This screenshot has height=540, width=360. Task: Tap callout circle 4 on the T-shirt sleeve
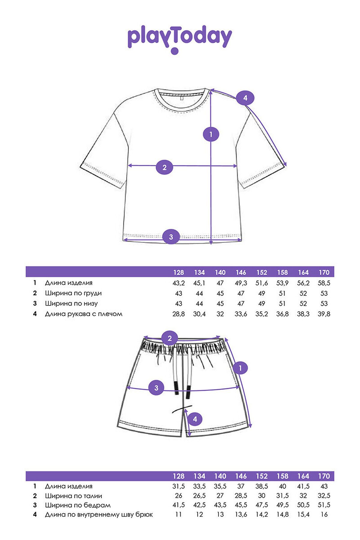pos(245,98)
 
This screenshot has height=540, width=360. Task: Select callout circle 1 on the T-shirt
pos(211,134)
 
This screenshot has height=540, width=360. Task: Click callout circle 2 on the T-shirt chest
pos(164,167)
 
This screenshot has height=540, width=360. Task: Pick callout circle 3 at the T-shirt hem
pos(171,237)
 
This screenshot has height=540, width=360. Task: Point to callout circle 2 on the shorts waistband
pos(169,338)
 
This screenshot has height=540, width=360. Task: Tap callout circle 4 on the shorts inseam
pos(195,419)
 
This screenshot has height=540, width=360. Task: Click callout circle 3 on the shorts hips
pos(156,388)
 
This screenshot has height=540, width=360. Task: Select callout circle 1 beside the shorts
pos(240,368)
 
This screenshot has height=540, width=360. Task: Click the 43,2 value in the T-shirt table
pos(178,283)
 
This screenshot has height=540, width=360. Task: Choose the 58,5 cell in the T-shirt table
pos(324,283)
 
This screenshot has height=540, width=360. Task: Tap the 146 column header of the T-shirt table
pos(241,272)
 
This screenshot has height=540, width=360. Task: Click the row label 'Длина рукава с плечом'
pos(84,314)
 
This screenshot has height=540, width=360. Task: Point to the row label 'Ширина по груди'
pos(73,293)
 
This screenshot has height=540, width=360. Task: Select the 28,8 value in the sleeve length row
pos(178,314)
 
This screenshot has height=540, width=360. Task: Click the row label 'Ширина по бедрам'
pos(78,505)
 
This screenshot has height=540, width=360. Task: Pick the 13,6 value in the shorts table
pos(241,514)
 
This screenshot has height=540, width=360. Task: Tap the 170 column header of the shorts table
pos(324,476)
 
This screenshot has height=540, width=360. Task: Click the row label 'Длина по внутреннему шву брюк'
pos(99,515)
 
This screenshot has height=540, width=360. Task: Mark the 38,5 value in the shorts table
pos(262,486)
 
